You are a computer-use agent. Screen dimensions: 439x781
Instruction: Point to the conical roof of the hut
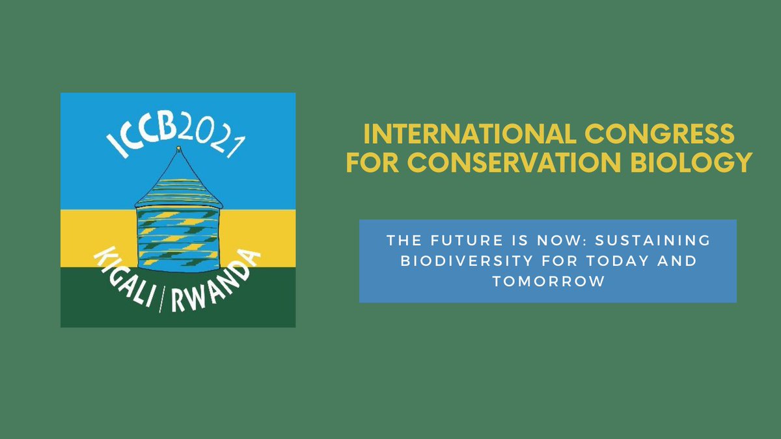click(x=178, y=179)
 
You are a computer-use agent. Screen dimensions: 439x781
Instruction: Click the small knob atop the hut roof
click(x=178, y=150)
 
